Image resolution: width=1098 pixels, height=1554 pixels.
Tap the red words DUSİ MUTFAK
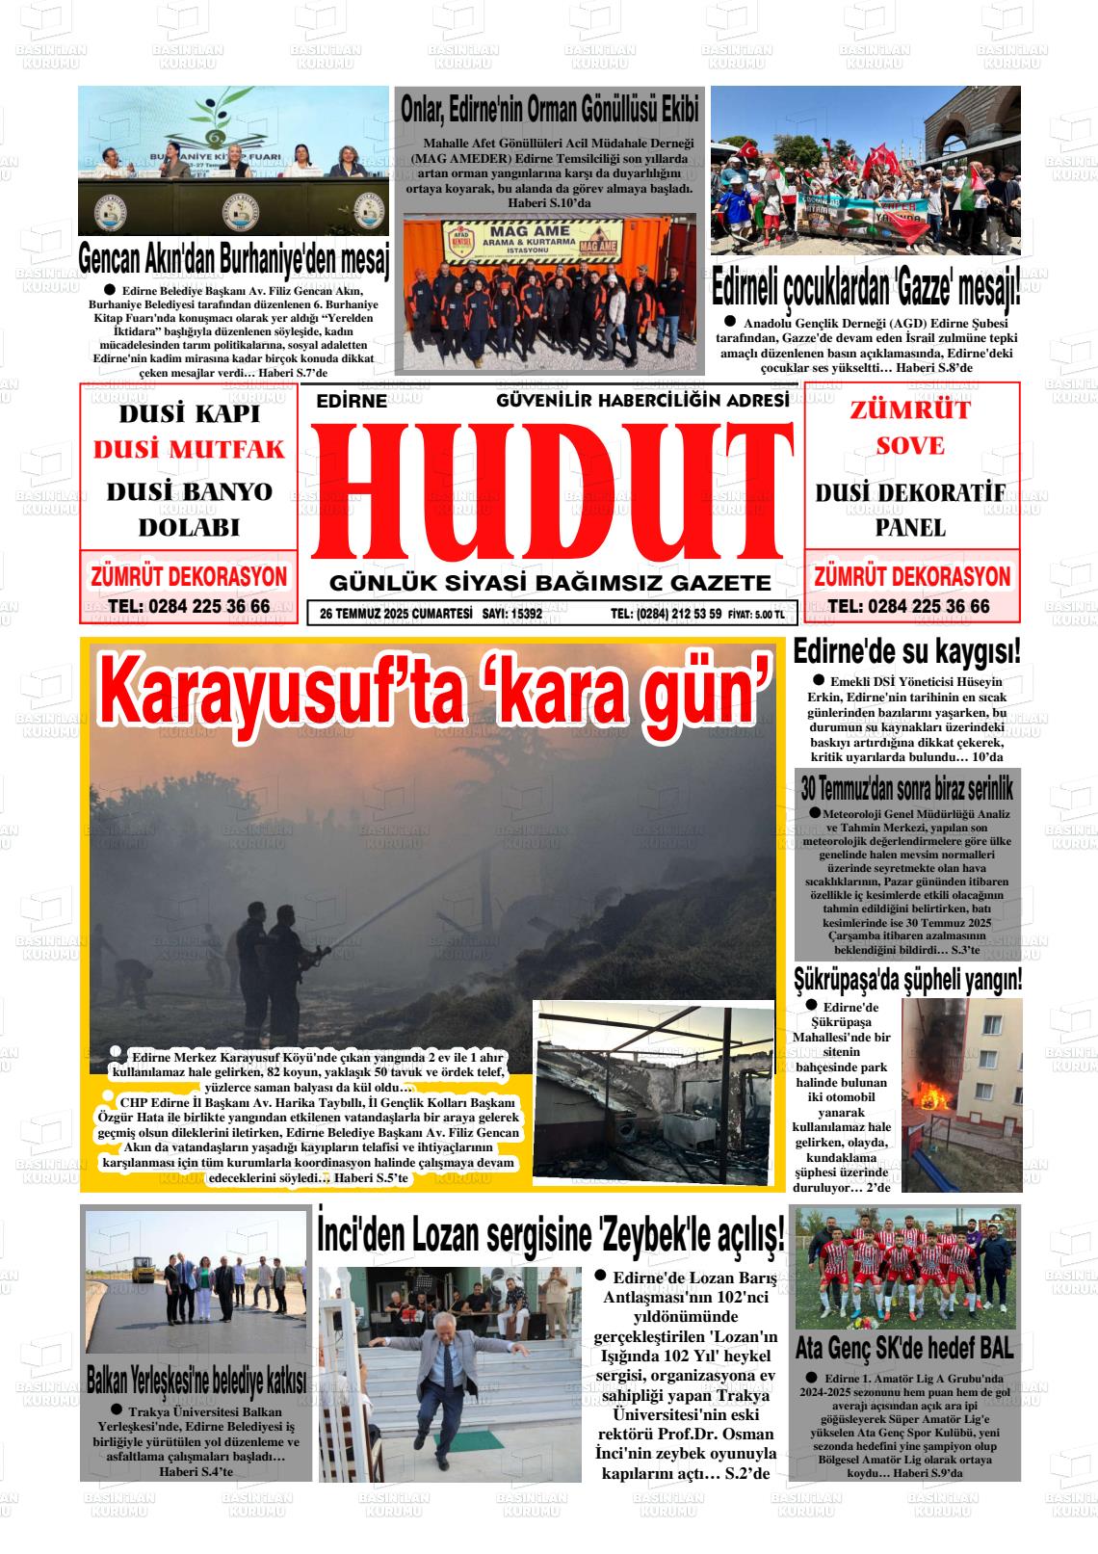189,450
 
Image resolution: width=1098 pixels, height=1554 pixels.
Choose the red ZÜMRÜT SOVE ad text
910,427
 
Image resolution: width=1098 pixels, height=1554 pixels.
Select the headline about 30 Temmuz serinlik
907,790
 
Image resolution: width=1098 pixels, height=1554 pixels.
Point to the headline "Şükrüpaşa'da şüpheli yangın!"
907,981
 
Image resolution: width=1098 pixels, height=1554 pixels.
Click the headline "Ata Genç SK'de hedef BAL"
905,1346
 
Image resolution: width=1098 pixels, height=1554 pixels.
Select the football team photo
907,1268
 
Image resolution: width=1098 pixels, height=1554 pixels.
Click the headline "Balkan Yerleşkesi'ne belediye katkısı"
196,1379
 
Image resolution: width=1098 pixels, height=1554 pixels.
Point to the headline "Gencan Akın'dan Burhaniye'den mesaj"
233,258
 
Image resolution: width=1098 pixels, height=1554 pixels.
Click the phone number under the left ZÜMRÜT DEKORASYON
189,607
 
